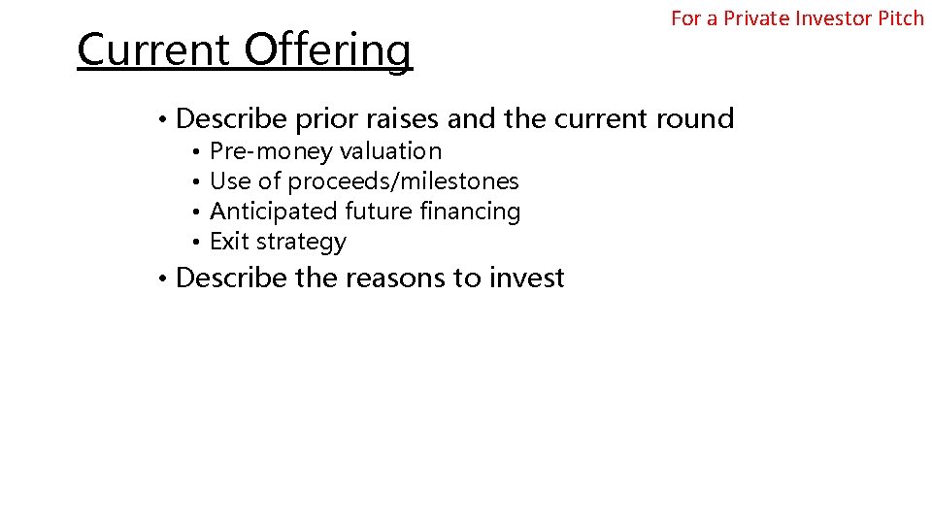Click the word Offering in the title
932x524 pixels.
(x=328, y=50)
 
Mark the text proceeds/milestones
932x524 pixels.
(x=403, y=181)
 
